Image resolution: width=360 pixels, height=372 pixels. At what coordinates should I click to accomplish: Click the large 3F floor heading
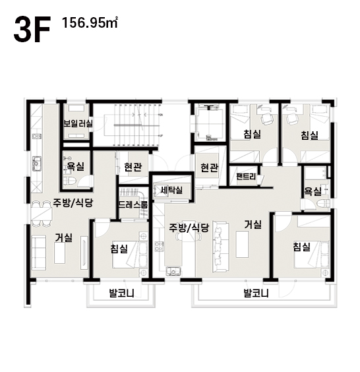[x=32, y=30]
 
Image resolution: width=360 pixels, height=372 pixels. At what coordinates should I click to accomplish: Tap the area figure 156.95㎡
[x=90, y=23]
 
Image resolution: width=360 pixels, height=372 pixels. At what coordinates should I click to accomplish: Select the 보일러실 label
[x=78, y=123]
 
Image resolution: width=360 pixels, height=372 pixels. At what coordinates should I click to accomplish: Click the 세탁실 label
[x=171, y=190]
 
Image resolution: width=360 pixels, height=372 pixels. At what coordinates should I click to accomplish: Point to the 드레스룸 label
[x=133, y=204]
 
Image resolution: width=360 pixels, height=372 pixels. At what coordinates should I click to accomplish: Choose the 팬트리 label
[x=247, y=176]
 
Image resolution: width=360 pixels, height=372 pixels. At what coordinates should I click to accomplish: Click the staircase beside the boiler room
[x=137, y=125]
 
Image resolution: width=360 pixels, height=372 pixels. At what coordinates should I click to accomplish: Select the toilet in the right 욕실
[x=324, y=203]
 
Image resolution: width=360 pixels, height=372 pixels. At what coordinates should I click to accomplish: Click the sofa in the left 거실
[x=39, y=253]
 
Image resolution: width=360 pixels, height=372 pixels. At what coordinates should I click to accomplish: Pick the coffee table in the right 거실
[x=242, y=244]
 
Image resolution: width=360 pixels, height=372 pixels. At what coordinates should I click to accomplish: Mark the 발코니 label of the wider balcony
[x=256, y=294]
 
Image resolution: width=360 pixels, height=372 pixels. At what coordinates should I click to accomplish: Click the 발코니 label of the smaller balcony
[x=121, y=294]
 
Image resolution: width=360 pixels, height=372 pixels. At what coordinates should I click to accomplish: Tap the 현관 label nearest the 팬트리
[x=209, y=168]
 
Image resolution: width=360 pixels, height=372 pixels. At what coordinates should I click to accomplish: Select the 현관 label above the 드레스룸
[x=133, y=167]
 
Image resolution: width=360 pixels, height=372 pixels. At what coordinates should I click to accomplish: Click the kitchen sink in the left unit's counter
[x=36, y=164]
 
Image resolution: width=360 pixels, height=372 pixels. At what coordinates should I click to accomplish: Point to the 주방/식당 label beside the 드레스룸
[x=73, y=202]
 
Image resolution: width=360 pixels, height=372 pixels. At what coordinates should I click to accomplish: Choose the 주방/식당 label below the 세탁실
[x=189, y=228]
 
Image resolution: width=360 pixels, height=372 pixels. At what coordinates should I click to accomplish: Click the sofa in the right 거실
[x=221, y=246]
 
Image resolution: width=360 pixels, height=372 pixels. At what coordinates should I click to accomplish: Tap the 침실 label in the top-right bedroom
[x=309, y=135]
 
